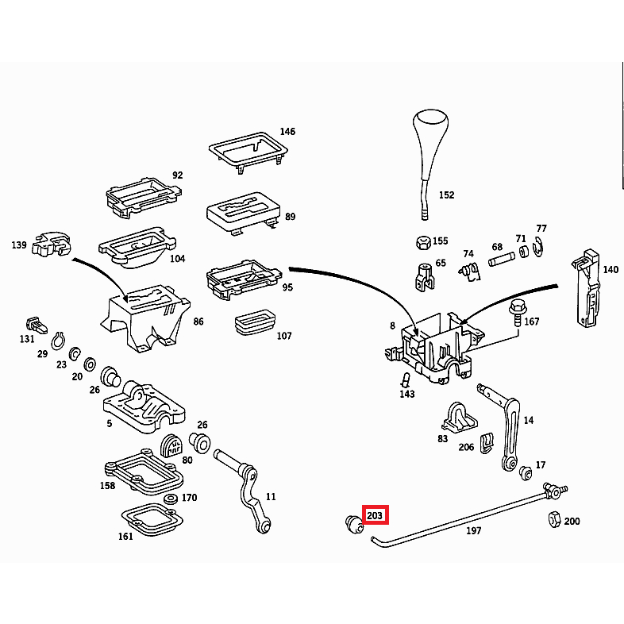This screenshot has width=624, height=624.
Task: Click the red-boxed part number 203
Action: (375, 515)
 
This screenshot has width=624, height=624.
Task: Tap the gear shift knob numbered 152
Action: (429, 160)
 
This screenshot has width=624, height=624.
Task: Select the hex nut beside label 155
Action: (423, 242)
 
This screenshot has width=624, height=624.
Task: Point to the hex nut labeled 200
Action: (555, 519)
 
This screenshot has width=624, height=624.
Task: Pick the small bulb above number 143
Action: (406, 379)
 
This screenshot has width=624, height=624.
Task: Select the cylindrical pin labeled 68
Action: (502, 260)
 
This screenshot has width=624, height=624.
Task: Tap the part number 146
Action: (287, 131)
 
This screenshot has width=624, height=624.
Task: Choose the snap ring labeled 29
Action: (58, 341)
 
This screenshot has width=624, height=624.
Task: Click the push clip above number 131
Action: (37, 325)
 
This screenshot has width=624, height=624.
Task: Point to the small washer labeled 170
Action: (171, 499)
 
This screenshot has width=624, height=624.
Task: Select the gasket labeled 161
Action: (152, 520)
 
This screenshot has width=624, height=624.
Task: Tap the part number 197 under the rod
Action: (474, 530)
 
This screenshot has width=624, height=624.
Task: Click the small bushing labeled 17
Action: (526, 472)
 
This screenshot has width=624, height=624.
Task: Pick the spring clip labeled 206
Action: (487, 442)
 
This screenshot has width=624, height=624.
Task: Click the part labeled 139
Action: (52, 244)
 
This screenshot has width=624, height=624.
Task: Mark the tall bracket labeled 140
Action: (586, 288)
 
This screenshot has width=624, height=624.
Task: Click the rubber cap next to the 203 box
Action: (354, 524)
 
